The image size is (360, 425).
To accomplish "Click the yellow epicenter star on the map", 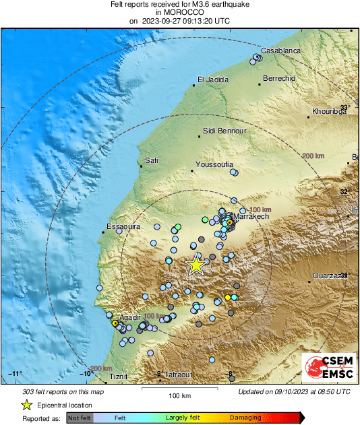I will pyautogui.click(x=196, y=265).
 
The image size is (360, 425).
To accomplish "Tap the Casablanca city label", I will pyautogui.click(x=280, y=51).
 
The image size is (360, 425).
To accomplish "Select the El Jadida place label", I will pyautogui.click(x=209, y=79).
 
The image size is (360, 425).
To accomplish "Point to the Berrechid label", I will pyautogui.click(x=279, y=78).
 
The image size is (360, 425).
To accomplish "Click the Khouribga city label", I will pyautogui.click(x=329, y=111).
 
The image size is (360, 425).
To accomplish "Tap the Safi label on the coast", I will pyautogui.click(x=152, y=160).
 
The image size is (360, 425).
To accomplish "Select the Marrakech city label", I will pyautogui.click(x=251, y=216).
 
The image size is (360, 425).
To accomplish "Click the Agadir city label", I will pyautogui.click(x=129, y=317).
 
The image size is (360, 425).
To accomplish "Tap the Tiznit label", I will pyautogui.click(x=118, y=377).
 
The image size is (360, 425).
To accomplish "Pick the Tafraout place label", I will pyautogui.click(x=178, y=374).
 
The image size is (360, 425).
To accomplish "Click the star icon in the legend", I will pyautogui.click(x=26, y=405).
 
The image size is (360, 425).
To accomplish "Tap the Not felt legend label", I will pyautogui.click(x=80, y=418).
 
